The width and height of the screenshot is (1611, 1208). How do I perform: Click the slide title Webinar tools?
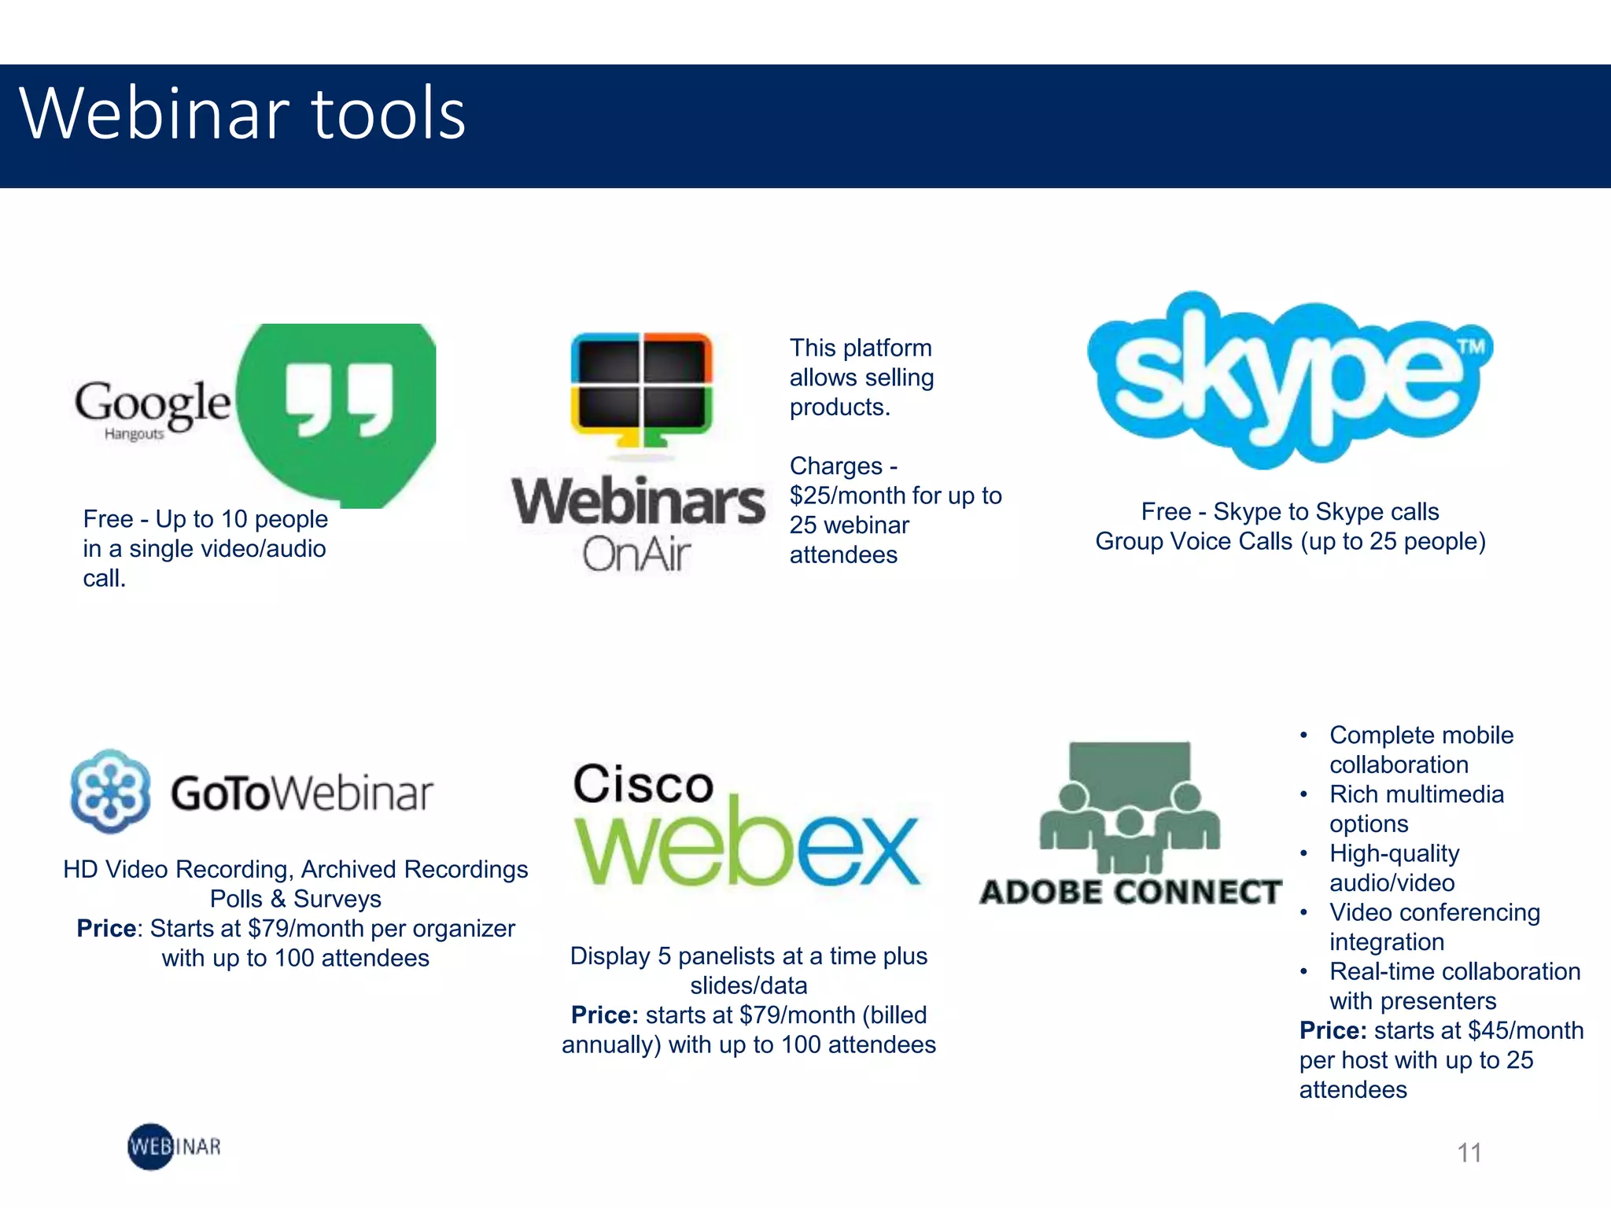pos(242,114)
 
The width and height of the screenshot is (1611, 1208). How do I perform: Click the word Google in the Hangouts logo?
pos(153,403)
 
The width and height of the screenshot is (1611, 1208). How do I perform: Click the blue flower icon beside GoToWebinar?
pos(110,791)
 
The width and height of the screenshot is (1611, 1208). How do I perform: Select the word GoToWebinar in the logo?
pos(302,793)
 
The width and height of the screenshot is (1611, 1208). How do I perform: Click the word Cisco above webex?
pos(643,784)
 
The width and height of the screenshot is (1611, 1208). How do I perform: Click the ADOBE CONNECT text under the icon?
pos(1130,892)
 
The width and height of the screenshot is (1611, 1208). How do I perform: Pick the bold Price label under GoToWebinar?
pos(107,929)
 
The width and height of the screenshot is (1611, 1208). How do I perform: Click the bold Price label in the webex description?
pos(604,1015)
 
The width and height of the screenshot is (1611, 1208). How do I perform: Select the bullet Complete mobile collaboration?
pos(1421,749)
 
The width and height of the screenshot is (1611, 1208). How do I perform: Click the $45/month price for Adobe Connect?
pos(1526,1030)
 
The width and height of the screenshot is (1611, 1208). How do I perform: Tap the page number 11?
pos(1469,1153)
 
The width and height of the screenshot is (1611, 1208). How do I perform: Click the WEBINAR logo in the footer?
pos(174,1147)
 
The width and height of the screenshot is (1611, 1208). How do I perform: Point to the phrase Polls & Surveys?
pos(296,899)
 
